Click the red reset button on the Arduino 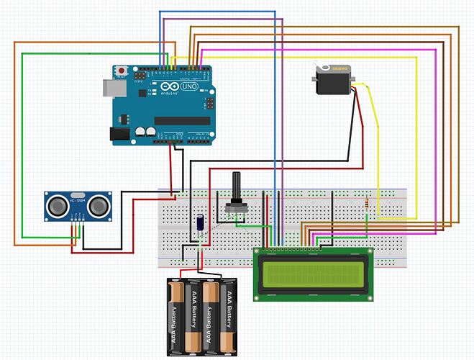(x=123, y=71)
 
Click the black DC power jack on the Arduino (x=118, y=133)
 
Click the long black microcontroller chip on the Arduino (x=181, y=120)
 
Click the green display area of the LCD (x=314, y=274)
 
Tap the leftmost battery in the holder (x=176, y=315)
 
